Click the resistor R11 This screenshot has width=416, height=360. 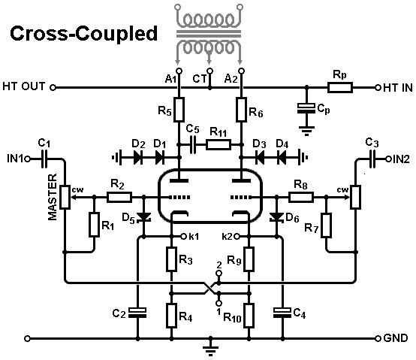[219, 145]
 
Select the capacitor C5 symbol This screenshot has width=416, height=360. [193, 145]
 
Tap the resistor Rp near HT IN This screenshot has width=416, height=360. [340, 87]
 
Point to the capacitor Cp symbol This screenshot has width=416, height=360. [306, 108]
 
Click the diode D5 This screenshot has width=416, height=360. [143, 217]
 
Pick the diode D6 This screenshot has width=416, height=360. [276, 217]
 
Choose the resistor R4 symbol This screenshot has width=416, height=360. [172, 316]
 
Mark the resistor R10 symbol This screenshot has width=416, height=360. [249, 316]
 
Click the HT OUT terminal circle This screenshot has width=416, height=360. [53, 87]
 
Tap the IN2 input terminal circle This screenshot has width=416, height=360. [388, 159]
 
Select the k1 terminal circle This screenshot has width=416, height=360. [183, 236]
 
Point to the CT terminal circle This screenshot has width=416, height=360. [210, 71]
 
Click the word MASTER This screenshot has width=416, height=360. [53, 197]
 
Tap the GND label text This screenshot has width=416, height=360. [396, 338]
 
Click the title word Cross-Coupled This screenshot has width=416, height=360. [84, 34]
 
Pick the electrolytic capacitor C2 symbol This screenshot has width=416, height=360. [137, 313]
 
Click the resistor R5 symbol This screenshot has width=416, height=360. [179, 110]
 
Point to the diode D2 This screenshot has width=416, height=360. [137, 158]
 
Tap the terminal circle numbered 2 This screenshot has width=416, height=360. [219, 273]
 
